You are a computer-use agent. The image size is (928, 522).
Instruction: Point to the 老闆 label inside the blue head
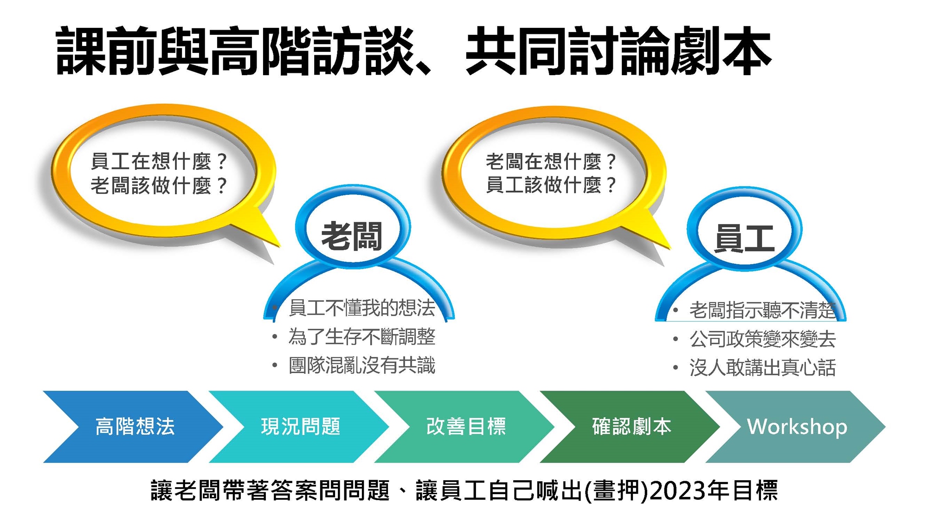tap(352, 236)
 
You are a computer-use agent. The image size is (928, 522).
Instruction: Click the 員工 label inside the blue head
tap(744, 238)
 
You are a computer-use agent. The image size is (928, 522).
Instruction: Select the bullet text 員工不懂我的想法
tap(362, 308)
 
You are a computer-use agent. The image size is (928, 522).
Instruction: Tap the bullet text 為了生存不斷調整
tap(362, 337)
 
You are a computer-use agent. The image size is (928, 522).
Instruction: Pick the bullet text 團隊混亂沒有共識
tap(362, 366)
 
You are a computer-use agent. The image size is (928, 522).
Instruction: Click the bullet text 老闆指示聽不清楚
tap(762, 310)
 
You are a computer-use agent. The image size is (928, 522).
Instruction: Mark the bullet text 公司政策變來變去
tap(762, 339)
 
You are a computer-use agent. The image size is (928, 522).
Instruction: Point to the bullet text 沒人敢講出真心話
tap(762, 368)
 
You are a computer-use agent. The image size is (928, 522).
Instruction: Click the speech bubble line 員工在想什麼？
tap(159, 161)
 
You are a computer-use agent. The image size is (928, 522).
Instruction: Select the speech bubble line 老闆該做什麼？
tap(159, 186)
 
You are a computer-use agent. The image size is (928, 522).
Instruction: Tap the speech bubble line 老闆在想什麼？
tap(551, 161)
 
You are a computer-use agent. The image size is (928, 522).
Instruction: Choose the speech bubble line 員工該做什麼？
tap(551, 185)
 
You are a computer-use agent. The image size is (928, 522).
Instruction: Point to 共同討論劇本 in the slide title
tap(619, 51)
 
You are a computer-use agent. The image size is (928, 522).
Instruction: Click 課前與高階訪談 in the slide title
tap(234, 51)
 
